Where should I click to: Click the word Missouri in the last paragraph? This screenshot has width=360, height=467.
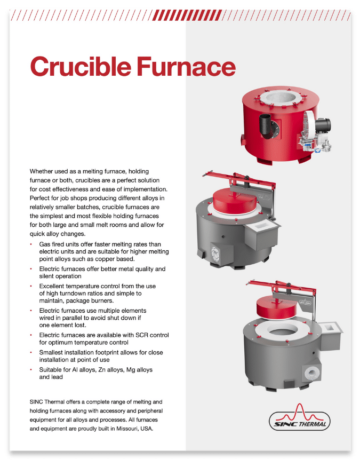click(x=107, y=429)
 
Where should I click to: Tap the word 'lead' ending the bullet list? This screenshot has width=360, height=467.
click(x=55, y=377)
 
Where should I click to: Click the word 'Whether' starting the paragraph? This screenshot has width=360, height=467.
click(x=43, y=171)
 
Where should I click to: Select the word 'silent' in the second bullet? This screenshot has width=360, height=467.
click(x=49, y=276)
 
